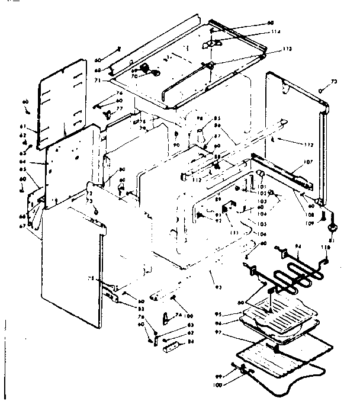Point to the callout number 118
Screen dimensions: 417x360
(324, 246)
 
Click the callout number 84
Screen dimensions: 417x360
(191, 341)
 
